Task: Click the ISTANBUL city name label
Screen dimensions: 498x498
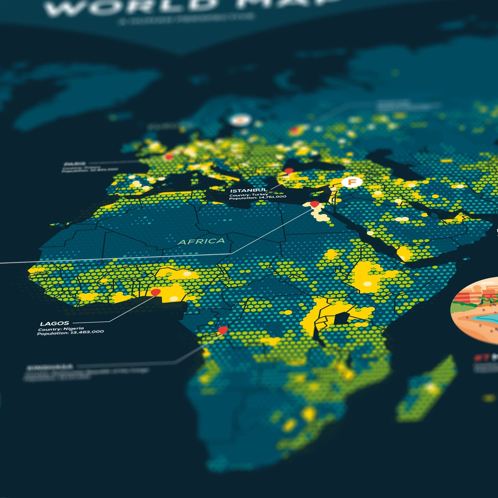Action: click(x=249, y=190)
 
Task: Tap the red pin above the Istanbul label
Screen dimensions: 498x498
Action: click(x=289, y=171)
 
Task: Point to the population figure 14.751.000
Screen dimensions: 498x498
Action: click(x=272, y=197)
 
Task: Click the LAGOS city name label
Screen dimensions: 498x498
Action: click(x=54, y=323)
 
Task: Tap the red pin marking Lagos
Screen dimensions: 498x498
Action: click(x=155, y=292)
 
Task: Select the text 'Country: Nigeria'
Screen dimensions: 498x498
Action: click(x=61, y=329)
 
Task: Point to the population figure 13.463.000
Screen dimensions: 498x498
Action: click(x=87, y=332)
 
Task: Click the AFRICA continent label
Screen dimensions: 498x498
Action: click(x=201, y=242)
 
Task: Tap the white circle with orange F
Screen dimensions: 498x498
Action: click(x=352, y=182)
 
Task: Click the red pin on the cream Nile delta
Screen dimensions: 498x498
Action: click(x=315, y=204)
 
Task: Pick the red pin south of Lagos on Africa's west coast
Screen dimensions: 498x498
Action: click(x=223, y=330)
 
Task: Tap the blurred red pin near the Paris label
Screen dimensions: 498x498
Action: click(x=169, y=157)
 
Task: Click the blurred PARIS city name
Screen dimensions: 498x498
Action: click(x=75, y=164)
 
